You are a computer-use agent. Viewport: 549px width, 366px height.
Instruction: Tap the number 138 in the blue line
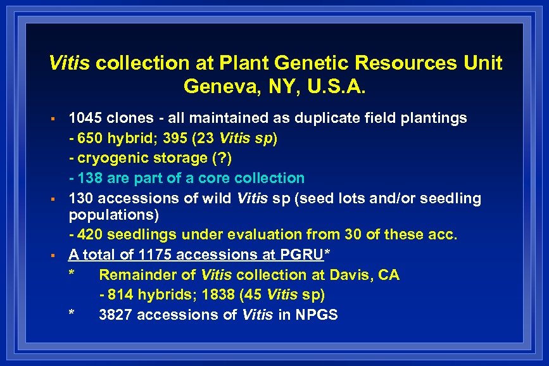tap(89, 179)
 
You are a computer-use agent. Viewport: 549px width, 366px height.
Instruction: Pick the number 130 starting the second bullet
tap(83, 199)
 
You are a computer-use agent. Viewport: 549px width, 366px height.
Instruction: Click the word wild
tap(217, 199)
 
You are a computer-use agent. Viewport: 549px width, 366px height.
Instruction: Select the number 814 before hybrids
tap(120, 295)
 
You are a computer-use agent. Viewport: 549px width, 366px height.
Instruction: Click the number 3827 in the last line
tap(116, 315)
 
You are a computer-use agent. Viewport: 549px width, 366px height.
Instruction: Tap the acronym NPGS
tap(315, 315)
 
